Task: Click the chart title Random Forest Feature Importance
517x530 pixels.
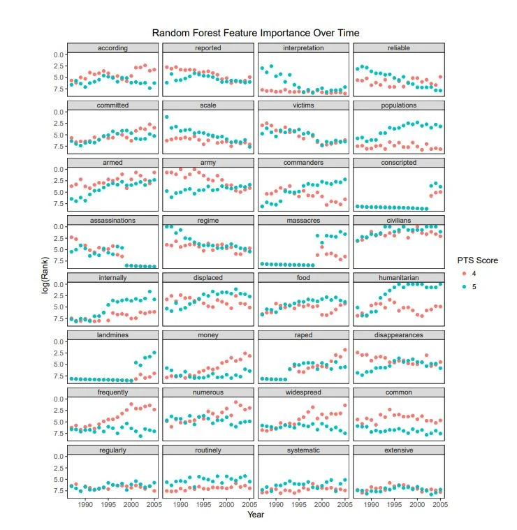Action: pos(256,33)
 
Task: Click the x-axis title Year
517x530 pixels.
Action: pos(256,515)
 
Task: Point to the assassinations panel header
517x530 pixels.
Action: pos(112,220)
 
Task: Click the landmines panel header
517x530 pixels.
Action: pos(112,335)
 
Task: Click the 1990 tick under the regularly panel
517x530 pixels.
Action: pos(85,504)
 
